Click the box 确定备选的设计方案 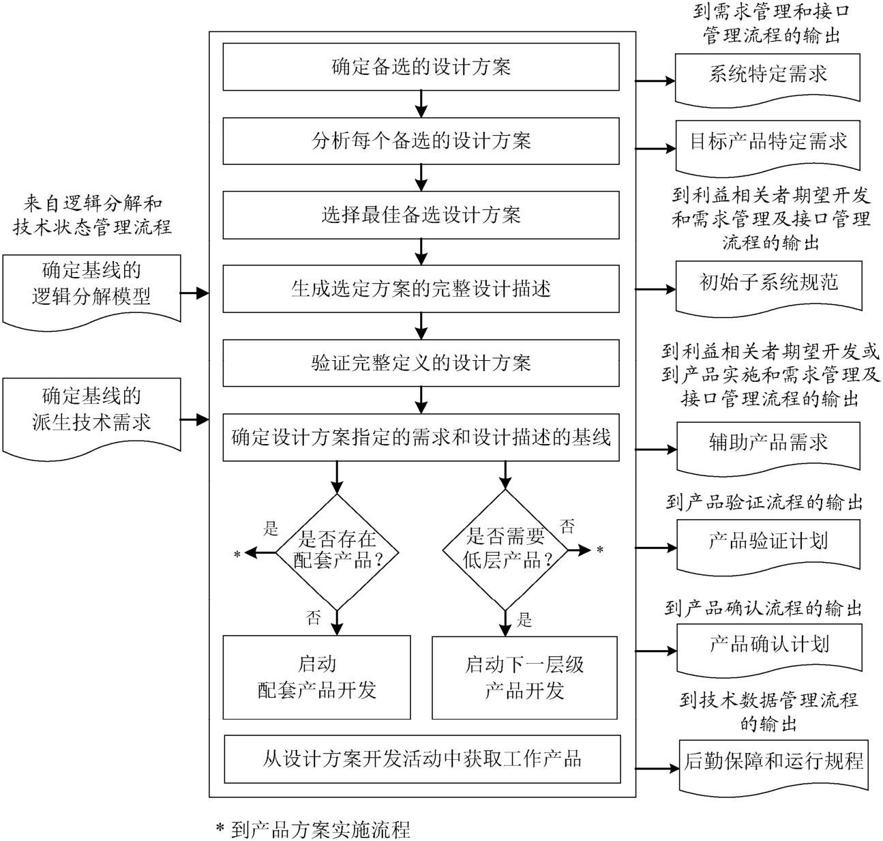(421, 67)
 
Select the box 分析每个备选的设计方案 (421, 141)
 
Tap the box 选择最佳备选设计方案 (421, 216)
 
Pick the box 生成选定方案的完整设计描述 (421, 289)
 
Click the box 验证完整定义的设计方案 (421, 363)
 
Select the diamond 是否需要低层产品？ (505, 550)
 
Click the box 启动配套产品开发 (316, 677)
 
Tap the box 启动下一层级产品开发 (524, 677)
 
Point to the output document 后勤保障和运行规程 (773, 763)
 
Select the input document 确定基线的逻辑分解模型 (91, 285)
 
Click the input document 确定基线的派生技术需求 (91, 410)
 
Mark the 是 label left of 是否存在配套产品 (271, 529)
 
